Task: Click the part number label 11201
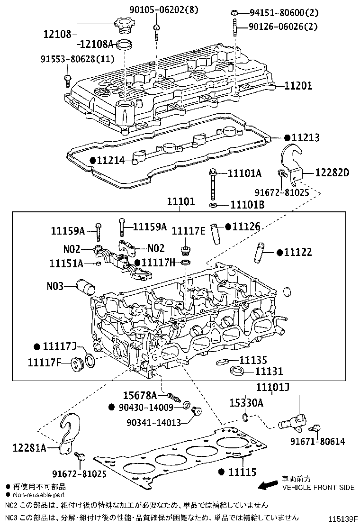coord(299,86)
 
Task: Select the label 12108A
coord(97,44)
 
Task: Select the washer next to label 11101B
coord(213,205)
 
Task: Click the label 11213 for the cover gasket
coord(305,137)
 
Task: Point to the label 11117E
coord(188,231)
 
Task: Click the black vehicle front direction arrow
coord(268,484)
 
